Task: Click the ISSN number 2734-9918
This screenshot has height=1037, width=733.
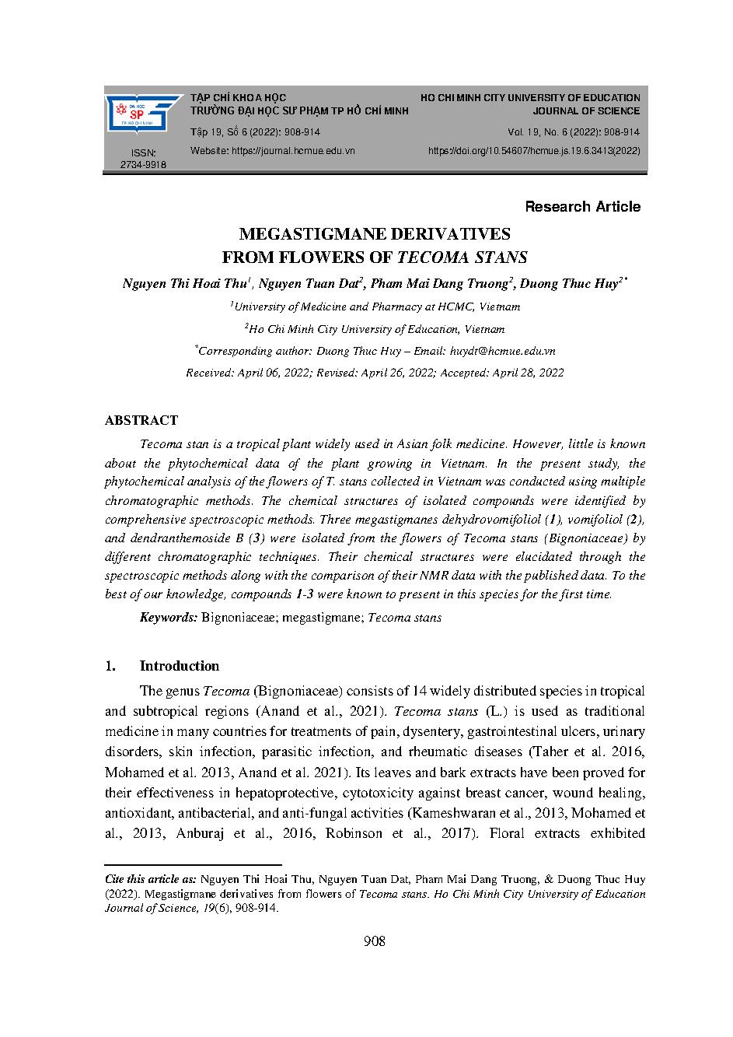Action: [x=143, y=165]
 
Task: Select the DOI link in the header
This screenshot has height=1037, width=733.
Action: [x=534, y=151]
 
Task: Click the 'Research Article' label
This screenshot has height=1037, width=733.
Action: [x=582, y=207]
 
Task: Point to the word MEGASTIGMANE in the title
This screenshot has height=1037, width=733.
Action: [x=314, y=234]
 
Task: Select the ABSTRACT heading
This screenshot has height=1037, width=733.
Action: [x=141, y=420]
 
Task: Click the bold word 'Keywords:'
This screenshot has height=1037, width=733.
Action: [x=169, y=618]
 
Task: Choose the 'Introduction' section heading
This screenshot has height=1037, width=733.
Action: [x=179, y=666]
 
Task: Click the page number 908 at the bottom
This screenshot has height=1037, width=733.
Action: [x=374, y=942]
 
